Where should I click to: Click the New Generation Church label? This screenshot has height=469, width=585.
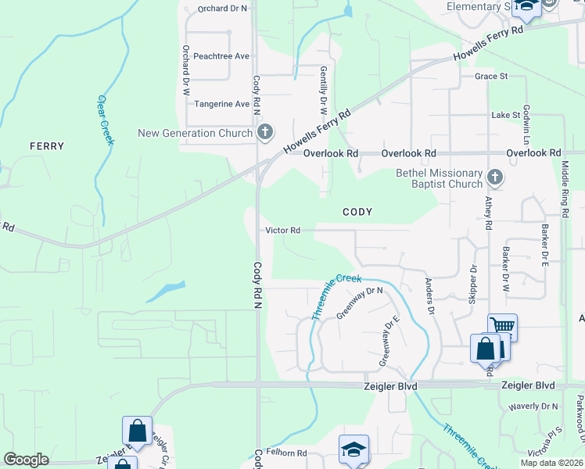195,133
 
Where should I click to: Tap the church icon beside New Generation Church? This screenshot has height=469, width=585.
265,132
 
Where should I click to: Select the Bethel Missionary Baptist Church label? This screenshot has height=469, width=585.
439,178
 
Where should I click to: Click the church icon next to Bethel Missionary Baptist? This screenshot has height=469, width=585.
494,177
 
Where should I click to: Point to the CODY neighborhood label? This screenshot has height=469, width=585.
357,212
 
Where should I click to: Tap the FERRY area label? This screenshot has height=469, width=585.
47,146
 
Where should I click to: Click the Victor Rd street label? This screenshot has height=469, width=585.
283,231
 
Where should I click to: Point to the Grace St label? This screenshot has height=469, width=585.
491,77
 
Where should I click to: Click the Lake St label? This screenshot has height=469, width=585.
505,115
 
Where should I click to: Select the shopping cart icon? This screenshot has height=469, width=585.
502,326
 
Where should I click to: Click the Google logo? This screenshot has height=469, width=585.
26,460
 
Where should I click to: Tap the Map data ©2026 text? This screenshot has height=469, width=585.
551,463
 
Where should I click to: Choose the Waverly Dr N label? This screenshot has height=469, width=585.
533,406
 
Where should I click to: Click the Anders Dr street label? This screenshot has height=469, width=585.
429,295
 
